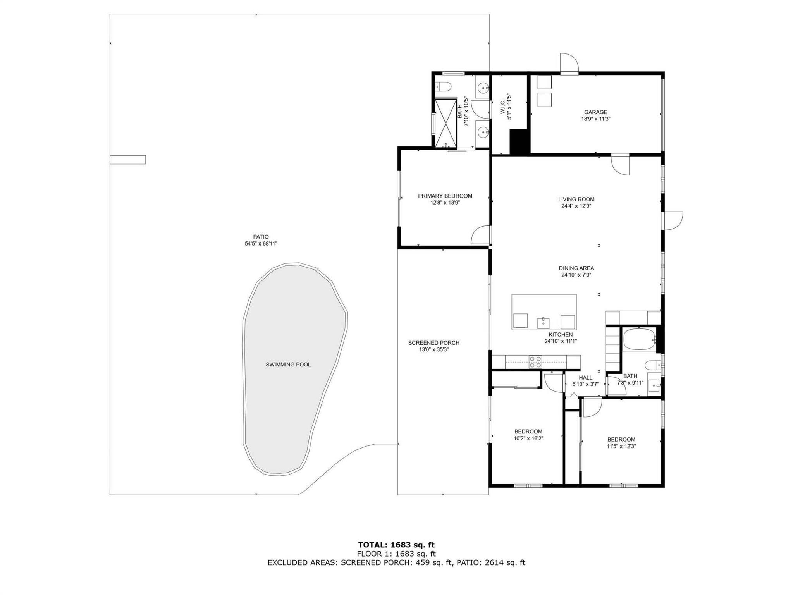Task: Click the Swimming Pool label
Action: point(288,365)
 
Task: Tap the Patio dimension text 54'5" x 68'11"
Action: point(261,244)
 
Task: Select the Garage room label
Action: point(596,112)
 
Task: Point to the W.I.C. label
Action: point(502,107)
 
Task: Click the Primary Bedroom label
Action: point(445,196)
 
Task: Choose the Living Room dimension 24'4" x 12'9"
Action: point(576,206)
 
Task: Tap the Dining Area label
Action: point(576,268)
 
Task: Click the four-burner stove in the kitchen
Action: point(535,362)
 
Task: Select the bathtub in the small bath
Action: point(639,339)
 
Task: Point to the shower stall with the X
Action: point(446,123)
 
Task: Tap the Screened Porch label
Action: point(434,343)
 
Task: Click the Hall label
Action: point(585,378)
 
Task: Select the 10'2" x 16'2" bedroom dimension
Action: point(528,439)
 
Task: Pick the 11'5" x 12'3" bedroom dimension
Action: point(621,446)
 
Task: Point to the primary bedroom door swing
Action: point(480,235)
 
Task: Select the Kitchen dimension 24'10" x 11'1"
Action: point(561,341)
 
